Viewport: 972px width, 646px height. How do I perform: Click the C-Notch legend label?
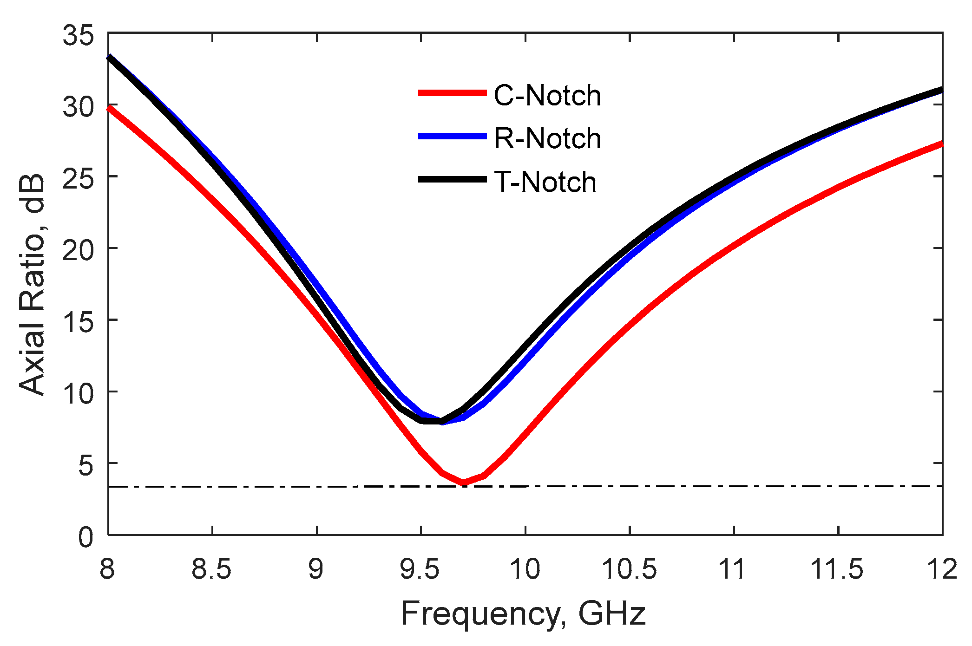tap(547, 96)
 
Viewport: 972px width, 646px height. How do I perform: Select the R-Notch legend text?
tap(547, 138)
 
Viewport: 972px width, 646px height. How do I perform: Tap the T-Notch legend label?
tap(545, 182)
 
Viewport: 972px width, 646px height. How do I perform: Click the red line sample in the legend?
tap(452, 93)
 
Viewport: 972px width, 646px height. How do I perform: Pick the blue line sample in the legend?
tap(452, 136)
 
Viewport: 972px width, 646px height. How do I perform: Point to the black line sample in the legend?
tap(452, 179)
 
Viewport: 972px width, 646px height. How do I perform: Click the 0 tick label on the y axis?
tap(86, 537)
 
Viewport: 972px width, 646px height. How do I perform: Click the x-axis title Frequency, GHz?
tap(523, 613)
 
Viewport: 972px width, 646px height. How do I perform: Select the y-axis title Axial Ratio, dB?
tap(33, 285)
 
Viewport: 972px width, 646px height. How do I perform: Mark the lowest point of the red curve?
tap(463, 483)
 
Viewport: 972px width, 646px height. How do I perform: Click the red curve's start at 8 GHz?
tap(109, 108)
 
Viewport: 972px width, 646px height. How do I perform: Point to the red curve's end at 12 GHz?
tap(942, 144)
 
